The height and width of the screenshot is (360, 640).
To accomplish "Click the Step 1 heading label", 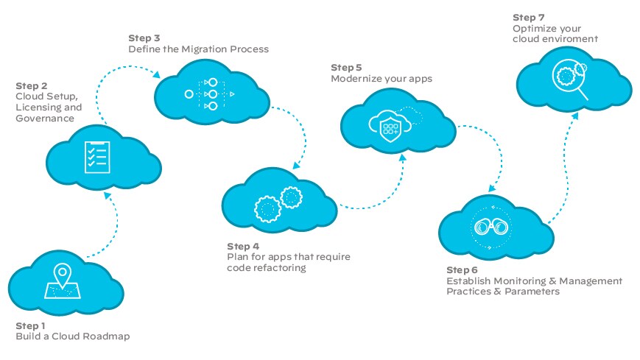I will point(30,325).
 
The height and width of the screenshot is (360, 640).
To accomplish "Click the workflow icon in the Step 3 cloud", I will point(210,94).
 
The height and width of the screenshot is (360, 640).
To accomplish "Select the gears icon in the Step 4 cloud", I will point(278,202).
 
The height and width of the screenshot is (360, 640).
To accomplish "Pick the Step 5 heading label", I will point(346,67).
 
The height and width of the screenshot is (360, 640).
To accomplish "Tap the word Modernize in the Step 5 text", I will point(357,78).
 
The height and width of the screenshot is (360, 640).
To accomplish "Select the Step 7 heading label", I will point(528,16).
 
